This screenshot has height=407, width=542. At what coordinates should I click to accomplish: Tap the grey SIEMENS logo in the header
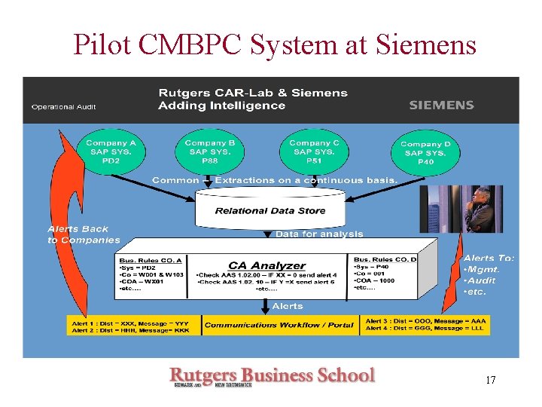(441, 106)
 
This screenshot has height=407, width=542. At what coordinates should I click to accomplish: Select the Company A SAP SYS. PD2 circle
(111, 151)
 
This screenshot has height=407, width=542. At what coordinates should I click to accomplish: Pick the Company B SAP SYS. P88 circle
(210, 151)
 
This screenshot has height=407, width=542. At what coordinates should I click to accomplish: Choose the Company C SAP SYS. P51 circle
(314, 151)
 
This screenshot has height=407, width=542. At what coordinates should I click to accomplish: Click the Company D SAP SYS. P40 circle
(426, 153)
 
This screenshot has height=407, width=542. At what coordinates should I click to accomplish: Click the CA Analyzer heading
(267, 265)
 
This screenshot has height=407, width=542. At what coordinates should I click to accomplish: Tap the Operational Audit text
(63, 107)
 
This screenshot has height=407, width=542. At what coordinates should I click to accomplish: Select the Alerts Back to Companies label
(83, 234)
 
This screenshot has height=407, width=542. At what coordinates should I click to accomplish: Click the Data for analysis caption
(319, 234)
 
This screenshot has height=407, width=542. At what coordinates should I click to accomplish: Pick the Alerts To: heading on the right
(489, 258)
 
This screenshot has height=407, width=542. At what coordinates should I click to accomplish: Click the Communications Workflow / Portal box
(279, 325)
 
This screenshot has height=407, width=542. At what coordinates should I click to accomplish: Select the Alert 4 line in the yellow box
(425, 329)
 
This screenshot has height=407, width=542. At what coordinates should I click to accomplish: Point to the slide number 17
(490, 380)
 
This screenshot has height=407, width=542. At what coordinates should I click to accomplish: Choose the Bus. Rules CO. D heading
(385, 259)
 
